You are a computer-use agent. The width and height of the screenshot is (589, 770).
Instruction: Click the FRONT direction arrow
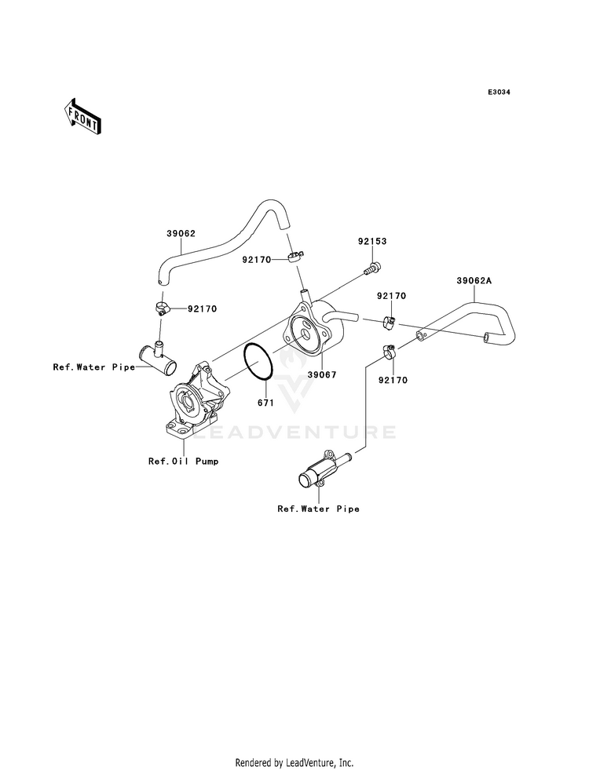[x=82, y=116]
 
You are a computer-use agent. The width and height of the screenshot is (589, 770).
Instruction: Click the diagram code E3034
[x=499, y=92]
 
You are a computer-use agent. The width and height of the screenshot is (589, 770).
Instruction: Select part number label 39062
[x=181, y=233]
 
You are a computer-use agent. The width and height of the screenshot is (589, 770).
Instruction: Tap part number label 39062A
[x=474, y=281]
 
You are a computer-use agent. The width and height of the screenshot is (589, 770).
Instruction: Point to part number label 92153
[x=372, y=241]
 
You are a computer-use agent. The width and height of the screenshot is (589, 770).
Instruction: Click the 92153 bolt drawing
[x=372, y=268]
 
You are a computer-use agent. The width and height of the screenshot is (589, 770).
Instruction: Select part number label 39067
[x=322, y=374]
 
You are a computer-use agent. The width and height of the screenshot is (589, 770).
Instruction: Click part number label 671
[x=265, y=403]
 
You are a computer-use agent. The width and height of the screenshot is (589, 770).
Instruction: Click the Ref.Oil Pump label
[x=184, y=461]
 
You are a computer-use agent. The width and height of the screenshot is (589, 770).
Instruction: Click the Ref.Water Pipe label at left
[x=93, y=367]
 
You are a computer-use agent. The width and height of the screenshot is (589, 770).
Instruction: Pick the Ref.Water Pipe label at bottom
[x=318, y=509]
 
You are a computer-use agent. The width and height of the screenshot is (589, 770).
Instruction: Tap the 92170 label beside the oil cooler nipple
[x=256, y=260]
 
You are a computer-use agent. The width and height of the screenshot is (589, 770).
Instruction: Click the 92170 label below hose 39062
[x=202, y=309]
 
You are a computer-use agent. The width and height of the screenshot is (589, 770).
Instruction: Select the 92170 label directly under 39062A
[x=392, y=296]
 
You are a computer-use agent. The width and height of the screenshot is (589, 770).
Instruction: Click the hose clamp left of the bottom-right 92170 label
[x=388, y=352]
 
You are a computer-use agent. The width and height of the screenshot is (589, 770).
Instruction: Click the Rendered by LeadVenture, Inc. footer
[x=294, y=763]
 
